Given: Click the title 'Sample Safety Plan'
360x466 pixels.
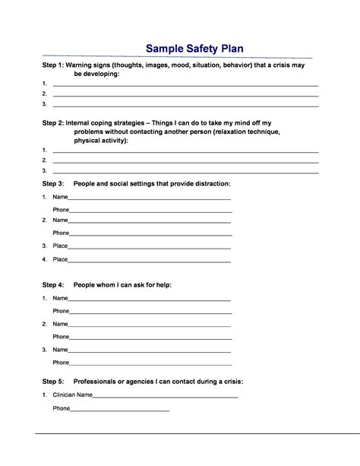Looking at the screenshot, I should pos(195,49).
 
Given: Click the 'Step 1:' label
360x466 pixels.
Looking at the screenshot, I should pos(53,66).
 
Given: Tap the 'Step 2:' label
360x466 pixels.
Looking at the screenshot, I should pos(53,122).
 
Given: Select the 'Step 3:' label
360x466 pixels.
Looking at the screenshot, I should pos(53,184).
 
